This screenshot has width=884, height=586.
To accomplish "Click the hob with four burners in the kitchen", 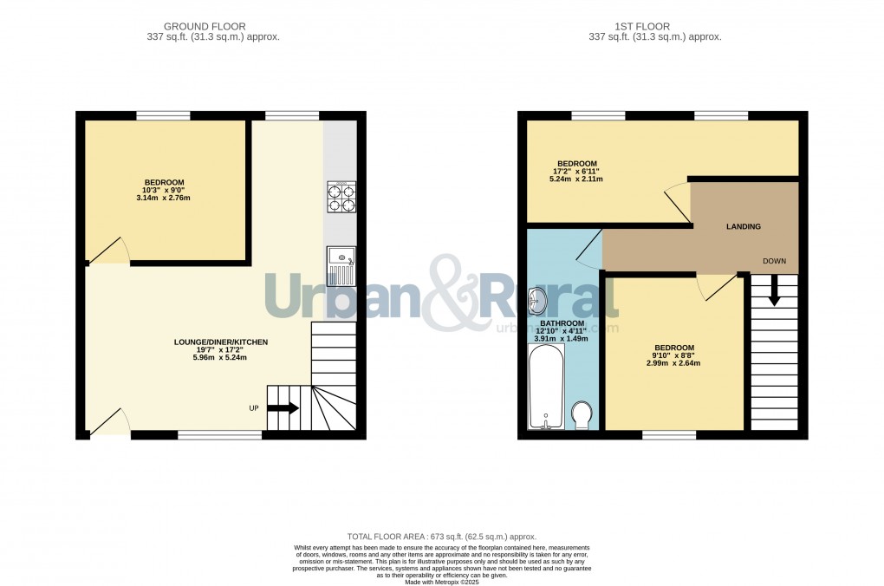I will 341,197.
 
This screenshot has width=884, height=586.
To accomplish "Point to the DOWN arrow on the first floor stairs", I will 774,292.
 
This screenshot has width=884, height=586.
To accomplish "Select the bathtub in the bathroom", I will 546,387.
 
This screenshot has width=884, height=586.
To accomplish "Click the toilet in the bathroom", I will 582,414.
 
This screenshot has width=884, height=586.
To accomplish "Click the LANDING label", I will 743,227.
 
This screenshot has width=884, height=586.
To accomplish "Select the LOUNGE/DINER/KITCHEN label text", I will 221,342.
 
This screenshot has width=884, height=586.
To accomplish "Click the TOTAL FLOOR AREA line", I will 442,537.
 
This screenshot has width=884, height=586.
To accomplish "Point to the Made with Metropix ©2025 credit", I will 442,581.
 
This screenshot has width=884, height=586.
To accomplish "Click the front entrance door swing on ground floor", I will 109,422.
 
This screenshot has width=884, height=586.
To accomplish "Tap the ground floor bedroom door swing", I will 109,251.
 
